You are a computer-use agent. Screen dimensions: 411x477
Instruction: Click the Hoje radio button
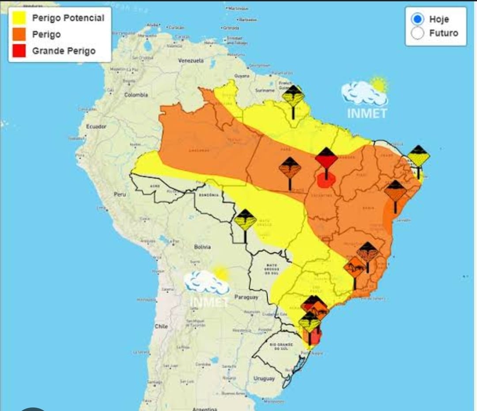pos(417,19)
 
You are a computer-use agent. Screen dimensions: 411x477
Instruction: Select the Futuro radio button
pos(417,33)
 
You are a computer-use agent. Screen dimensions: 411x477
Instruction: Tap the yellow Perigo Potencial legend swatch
pos(19,18)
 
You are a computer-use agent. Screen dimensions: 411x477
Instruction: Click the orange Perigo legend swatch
pos(19,35)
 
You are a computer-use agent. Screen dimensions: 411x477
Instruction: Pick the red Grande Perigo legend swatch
pos(19,51)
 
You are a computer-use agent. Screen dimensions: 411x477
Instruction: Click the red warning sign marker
pos(326,159)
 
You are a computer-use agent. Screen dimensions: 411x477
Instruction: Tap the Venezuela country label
pos(191,60)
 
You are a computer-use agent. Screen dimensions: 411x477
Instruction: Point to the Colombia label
pos(136,95)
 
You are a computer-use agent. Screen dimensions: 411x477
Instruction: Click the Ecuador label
pos(96,127)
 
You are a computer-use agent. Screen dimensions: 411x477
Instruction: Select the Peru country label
pos(120,194)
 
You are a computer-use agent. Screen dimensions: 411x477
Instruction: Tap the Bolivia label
pos(202,247)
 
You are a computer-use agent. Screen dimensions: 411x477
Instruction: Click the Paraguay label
pos(246,297)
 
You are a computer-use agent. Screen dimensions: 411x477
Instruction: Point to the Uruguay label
pos(264,378)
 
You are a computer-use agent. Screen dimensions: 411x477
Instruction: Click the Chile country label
pos(161,326)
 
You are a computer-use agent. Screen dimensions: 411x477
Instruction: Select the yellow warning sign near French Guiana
pos(293,96)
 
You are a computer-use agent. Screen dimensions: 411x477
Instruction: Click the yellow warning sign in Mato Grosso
pos(245,220)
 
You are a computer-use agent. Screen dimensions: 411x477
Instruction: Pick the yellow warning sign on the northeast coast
pos(418,156)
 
